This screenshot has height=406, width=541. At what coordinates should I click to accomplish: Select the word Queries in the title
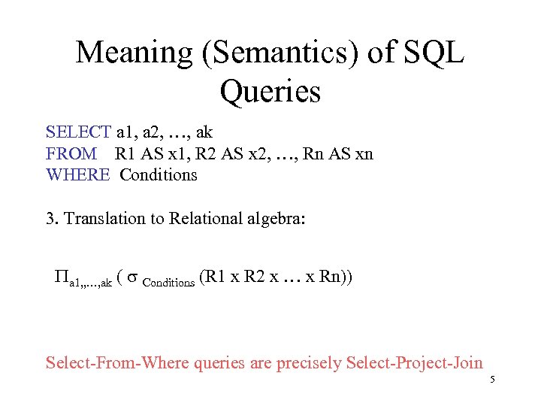[x=270, y=92]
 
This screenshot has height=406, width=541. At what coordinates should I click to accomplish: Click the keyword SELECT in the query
[x=78, y=133]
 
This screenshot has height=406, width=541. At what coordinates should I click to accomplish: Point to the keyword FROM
[x=71, y=154]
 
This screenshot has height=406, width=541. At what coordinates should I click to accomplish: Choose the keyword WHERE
[x=78, y=175]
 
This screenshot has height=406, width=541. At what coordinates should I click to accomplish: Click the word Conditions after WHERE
[x=159, y=175]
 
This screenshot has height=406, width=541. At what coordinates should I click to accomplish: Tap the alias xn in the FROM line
[x=364, y=154]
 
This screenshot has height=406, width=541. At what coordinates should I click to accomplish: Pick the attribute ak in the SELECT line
[x=203, y=133]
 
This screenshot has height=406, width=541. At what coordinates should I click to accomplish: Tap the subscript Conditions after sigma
[x=169, y=283]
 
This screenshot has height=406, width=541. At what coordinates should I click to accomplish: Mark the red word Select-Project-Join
[x=414, y=363]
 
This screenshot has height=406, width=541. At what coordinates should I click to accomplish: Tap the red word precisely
[x=309, y=363]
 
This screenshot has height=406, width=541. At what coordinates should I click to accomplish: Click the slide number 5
[x=492, y=380]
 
